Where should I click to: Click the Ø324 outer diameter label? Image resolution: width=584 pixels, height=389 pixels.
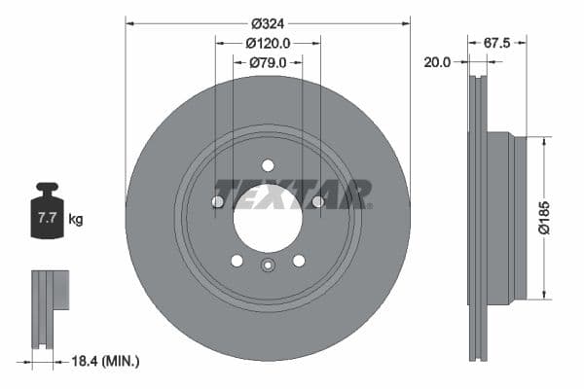268,22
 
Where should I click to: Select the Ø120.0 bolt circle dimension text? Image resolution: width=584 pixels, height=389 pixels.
268,43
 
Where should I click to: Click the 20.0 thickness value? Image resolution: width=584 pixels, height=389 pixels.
437,62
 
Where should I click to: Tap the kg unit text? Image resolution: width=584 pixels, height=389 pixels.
76,219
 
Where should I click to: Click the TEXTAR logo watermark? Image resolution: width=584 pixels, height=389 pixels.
292,193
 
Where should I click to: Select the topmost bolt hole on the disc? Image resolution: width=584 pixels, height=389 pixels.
268,165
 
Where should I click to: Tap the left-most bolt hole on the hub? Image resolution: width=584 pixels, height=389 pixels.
218,201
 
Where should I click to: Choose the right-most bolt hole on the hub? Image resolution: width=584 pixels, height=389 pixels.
317,201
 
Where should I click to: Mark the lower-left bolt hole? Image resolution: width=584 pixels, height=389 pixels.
237,261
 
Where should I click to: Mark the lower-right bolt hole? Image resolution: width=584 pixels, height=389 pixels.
299,261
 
